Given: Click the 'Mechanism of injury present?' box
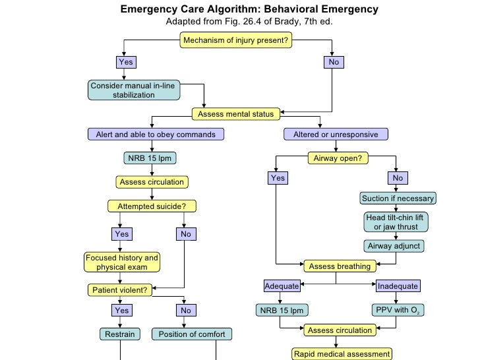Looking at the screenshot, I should (235, 41).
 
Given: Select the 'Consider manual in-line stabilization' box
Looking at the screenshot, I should (134, 90).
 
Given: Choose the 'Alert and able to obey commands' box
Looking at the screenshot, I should (156, 135).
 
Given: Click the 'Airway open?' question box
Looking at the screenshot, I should (336, 158).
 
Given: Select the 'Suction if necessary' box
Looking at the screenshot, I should (398, 198).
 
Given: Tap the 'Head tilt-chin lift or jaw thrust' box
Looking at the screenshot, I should (396, 222).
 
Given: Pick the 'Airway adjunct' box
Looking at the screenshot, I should (394, 246).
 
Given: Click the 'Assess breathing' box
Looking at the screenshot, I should (340, 266).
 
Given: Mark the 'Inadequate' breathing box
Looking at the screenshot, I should (397, 286).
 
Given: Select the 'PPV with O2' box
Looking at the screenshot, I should (396, 310).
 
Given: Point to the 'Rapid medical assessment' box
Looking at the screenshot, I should (342, 354).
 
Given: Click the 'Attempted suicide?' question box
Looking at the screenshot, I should (152, 206).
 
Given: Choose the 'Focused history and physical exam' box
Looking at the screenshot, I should (122, 262).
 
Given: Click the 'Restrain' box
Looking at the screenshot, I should (119, 334).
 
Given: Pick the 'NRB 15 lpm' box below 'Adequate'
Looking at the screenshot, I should (282, 310).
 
